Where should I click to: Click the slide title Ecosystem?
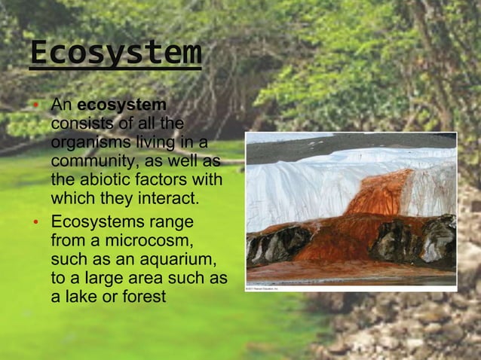click(115, 53)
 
